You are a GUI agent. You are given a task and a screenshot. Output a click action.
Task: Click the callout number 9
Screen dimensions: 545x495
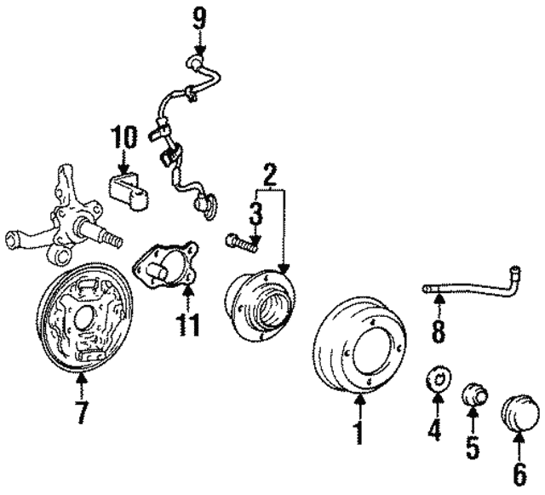[x=200, y=19]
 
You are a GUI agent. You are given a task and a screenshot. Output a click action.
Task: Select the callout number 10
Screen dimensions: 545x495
[x=124, y=137]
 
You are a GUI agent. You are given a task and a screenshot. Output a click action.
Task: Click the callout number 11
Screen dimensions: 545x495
[x=189, y=325]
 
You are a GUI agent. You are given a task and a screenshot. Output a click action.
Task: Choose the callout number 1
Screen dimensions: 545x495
[x=359, y=433]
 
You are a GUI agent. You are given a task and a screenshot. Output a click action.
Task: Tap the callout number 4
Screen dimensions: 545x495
[x=434, y=429]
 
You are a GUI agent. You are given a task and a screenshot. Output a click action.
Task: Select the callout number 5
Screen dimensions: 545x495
[x=473, y=446]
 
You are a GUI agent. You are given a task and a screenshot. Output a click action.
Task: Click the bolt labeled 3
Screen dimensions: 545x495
[x=241, y=243]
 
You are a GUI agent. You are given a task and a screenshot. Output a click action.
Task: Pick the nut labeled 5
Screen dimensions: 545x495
[x=474, y=394]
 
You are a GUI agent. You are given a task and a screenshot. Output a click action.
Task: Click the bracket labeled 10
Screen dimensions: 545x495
[x=129, y=192]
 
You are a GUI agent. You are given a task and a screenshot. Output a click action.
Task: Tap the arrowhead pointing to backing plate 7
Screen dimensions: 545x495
[x=82, y=377]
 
